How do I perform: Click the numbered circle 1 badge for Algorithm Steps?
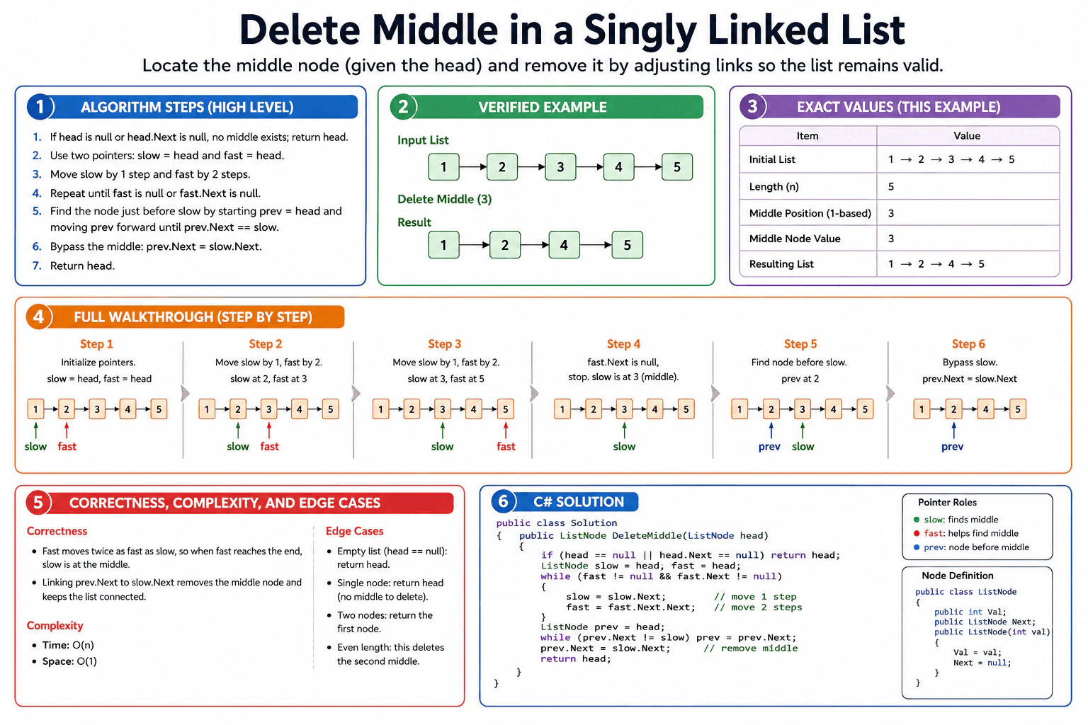click(x=40, y=107)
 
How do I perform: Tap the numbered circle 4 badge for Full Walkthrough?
click(x=38, y=316)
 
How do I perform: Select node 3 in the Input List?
click(x=560, y=167)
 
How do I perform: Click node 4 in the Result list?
click(x=564, y=245)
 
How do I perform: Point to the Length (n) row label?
click(x=773, y=186)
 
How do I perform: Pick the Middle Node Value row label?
click(x=795, y=239)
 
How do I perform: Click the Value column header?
click(x=967, y=136)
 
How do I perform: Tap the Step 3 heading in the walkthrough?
click(x=444, y=344)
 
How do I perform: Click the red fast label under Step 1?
click(x=67, y=446)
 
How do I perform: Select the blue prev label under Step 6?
click(x=952, y=447)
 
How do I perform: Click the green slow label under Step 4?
click(x=624, y=446)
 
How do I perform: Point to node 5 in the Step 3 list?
click(x=505, y=409)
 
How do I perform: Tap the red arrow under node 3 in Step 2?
click(x=269, y=430)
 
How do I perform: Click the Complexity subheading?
click(x=55, y=625)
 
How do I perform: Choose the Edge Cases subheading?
click(x=355, y=531)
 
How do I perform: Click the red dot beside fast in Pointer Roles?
click(x=917, y=533)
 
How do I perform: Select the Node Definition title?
click(x=958, y=576)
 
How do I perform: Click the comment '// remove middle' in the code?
click(x=750, y=649)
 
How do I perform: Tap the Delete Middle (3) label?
click(x=444, y=199)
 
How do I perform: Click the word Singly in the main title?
click(x=640, y=30)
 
